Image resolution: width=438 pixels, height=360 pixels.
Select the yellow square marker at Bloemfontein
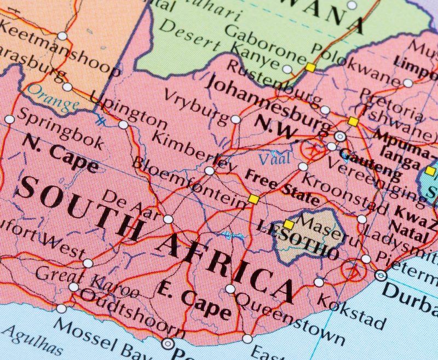[253, 199]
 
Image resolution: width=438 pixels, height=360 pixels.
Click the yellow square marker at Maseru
[289, 224]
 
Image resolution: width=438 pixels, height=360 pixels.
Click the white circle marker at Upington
[123, 125]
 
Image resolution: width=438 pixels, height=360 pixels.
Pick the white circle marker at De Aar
[168, 219]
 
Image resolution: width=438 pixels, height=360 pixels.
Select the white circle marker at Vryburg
[235, 119]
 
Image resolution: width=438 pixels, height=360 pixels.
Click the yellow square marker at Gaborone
[310, 67]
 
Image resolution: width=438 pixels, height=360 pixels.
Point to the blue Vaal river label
[271, 159]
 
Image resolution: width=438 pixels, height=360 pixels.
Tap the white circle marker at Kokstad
[319, 282]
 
